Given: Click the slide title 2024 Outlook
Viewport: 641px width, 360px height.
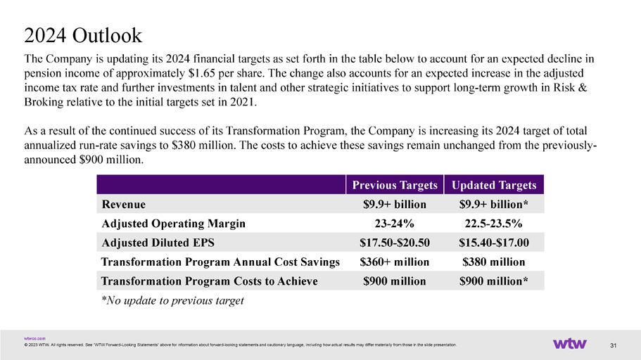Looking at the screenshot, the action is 83,35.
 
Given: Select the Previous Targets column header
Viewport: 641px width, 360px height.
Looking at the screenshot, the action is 395,185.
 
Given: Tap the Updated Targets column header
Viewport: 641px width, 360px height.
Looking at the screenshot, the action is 494,185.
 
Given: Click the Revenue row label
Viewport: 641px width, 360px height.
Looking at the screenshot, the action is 123,205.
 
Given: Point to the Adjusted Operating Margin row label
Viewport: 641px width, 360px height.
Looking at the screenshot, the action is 173,224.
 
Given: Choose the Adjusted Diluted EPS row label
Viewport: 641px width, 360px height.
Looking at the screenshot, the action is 158,243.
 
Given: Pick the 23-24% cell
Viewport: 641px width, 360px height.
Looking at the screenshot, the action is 395,224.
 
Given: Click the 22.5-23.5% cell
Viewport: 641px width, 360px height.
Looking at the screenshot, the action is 493,224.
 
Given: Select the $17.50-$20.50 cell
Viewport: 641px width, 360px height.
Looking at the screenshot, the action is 395,243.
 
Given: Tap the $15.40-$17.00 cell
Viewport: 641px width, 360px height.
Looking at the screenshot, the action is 493,243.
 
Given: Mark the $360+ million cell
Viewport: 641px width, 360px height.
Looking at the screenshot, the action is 395,262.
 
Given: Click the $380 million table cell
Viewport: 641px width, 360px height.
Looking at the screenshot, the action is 493,262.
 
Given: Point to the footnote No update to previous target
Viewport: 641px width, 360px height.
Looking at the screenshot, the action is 172,301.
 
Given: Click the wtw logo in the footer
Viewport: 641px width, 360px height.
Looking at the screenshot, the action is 569,344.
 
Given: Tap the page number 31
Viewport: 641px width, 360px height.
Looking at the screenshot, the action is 613,346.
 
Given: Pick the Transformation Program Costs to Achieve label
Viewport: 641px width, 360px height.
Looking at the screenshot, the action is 209,281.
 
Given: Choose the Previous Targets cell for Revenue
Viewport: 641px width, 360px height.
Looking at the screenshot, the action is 395,205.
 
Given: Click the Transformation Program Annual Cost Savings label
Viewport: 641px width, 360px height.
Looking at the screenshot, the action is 220,262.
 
